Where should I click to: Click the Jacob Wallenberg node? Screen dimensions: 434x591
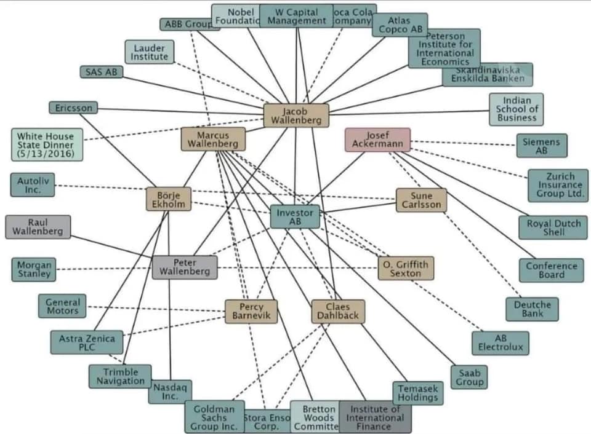[295, 116]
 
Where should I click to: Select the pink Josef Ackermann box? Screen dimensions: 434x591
[378, 140]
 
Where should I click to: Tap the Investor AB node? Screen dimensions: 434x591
[295, 216]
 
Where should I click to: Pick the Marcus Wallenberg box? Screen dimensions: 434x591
[213, 139]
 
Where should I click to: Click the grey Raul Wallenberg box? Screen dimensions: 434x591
[38, 227]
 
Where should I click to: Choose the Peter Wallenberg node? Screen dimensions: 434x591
[185, 267]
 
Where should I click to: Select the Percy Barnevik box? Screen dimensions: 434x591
[251, 312]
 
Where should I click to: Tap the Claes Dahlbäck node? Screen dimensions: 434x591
[337, 312]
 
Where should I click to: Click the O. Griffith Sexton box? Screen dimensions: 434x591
[406, 268]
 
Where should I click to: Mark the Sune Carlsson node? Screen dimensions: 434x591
[421, 200]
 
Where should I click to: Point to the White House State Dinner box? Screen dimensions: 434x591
[46, 144]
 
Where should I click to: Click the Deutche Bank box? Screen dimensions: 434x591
[533, 309]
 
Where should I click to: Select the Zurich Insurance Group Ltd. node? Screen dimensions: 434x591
[558, 185]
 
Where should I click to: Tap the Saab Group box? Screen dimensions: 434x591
[469, 377]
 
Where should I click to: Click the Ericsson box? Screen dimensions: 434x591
[73, 108]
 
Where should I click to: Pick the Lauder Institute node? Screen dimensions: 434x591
[150, 52]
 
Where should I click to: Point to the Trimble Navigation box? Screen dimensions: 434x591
[121, 376]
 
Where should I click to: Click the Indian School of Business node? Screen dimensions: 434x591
[517, 109]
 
